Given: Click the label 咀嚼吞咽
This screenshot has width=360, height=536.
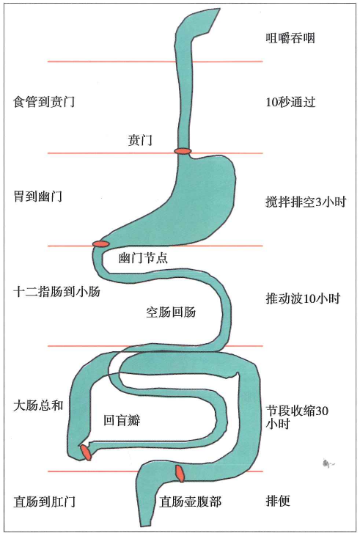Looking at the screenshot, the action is tap(290, 38).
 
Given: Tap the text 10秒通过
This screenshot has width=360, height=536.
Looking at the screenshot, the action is tap(290, 102).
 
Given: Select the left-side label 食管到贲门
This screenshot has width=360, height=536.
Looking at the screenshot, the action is tap(44, 101).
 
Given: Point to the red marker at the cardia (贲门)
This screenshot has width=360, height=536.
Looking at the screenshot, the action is tap(183, 151).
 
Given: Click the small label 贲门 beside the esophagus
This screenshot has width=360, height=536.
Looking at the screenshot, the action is tap(140, 140).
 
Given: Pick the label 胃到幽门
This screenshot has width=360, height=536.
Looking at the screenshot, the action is tap(37, 197).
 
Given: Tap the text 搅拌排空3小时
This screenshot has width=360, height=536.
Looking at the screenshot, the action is tap(306, 202).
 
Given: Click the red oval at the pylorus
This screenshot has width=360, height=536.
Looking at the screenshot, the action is tap(101, 243).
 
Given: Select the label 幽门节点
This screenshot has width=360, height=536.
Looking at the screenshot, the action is tap(143, 257).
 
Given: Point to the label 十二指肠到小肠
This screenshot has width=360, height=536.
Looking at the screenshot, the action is tap(56, 292).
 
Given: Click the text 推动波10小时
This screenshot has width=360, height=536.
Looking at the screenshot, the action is tap(304, 298).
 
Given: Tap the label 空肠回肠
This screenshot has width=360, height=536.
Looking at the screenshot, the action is tap(171, 312).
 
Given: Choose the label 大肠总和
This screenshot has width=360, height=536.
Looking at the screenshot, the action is tap(38, 405).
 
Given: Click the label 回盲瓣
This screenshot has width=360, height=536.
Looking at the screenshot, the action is tap(122, 420).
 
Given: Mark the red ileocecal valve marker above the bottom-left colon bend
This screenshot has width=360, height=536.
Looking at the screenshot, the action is tap(86, 452).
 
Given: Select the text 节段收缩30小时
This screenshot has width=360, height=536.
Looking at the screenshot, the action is tap(297, 417).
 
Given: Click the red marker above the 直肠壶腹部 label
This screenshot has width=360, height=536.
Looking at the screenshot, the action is tap(180, 474).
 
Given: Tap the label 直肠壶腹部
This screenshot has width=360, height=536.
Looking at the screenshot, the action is tap(191, 502).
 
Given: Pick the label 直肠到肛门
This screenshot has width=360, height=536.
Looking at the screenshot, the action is tap(44, 502).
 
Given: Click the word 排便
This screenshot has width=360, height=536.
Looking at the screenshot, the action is tap(278, 501).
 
